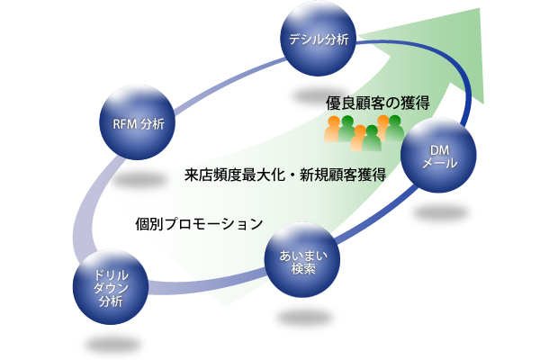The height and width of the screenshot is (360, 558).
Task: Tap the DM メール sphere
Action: [441, 157]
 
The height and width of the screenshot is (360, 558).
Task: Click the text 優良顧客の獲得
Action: [377, 103]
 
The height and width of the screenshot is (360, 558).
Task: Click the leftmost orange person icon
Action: [332, 130]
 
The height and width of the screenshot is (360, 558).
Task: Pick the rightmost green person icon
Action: [394, 130]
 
